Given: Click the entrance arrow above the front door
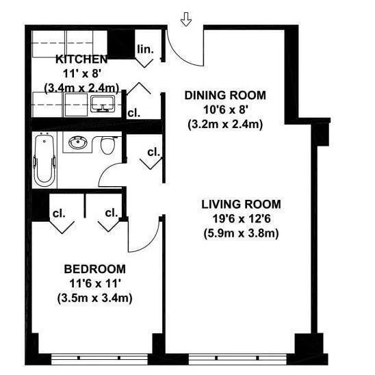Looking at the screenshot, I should click(x=185, y=20).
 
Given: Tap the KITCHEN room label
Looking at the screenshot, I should click(x=81, y=60).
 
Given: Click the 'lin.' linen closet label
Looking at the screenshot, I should click(x=145, y=49).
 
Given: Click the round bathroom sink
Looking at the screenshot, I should click(x=77, y=144).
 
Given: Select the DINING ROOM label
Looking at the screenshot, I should click(x=225, y=95).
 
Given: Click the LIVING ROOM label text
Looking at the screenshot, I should click(x=242, y=204).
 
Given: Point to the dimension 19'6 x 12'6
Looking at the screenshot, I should click(x=242, y=218).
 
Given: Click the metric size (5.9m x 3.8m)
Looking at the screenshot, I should click(x=242, y=233).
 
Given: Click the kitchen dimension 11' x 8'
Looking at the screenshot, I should click(x=81, y=73).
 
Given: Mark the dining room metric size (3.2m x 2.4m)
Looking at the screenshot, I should click(x=225, y=124).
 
